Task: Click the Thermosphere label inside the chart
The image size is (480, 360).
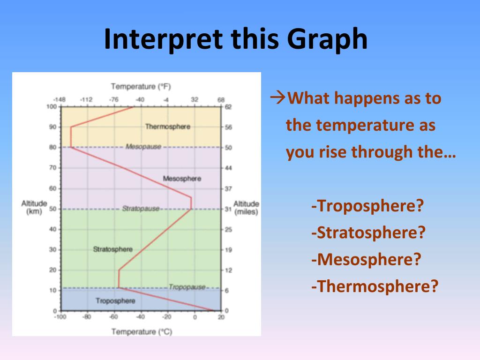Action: [x=168, y=127]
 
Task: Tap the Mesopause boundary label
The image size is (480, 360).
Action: [x=143, y=147]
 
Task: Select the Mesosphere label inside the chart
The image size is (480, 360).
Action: [x=182, y=179]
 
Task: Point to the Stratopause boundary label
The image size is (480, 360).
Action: [x=141, y=209]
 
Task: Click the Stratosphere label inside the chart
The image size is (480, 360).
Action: [x=112, y=249]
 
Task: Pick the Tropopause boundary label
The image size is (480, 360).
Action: [x=187, y=287]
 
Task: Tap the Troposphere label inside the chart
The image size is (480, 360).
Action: [x=115, y=300]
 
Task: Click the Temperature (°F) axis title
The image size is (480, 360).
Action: [x=141, y=87]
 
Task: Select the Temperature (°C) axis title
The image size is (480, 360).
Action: [x=142, y=331]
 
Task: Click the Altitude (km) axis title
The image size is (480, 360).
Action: [x=34, y=207]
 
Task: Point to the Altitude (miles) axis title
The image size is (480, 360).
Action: [x=246, y=208]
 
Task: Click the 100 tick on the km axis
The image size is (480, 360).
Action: [x=52, y=106]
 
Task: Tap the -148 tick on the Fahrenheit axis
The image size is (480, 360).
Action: [x=59, y=99]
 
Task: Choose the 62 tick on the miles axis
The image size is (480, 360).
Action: [x=228, y=107]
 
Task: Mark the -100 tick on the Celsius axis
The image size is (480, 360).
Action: [x=60, y=317]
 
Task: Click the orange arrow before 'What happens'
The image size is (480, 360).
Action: [x=277, y=97]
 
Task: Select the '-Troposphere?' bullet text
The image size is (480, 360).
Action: [x=367, y=206]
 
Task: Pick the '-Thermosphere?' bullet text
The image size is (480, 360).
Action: [x=375, y=286]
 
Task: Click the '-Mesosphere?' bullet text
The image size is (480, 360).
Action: [x=366, y=260]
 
